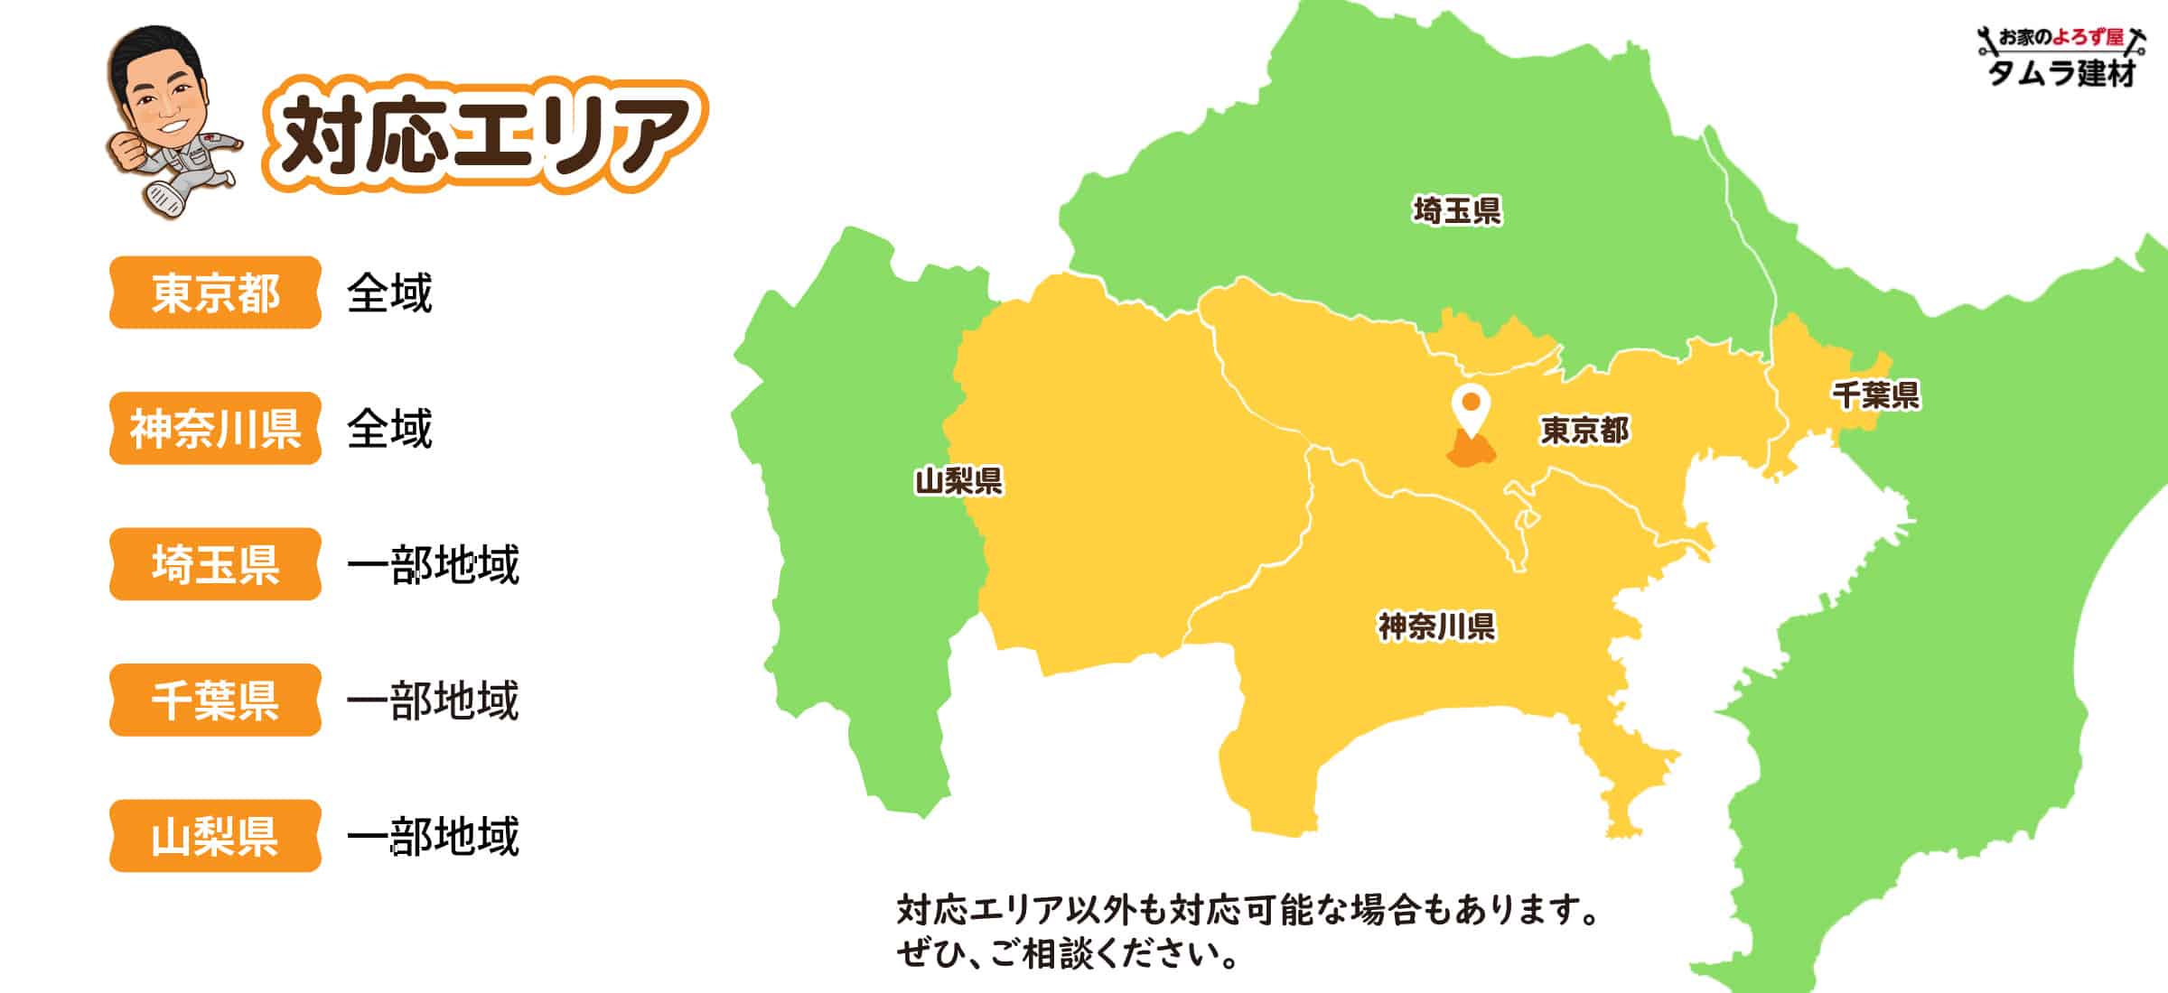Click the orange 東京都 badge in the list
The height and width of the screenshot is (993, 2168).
pos(215,292)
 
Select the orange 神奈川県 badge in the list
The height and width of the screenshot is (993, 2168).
pos(215,428)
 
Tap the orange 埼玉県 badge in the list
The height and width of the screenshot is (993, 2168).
pos(215,564)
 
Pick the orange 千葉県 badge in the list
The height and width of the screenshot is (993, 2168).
pos(215,700)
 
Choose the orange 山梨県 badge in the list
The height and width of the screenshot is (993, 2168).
pos(215,836)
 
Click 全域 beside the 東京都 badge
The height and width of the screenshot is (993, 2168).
pos(389,293)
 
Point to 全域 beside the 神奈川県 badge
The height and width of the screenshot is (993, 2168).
pos(389,429)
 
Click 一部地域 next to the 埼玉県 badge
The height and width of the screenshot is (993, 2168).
pos(433,565)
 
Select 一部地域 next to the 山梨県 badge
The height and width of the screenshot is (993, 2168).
pos(433,837)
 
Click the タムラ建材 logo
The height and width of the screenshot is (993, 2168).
pos(2061,57)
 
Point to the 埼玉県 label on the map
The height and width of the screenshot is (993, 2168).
pos(1456,211)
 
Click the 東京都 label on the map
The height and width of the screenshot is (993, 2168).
pos(1584,430)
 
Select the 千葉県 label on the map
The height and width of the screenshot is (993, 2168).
pos(1875,394)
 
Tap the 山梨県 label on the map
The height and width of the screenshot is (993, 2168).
pos(958,480)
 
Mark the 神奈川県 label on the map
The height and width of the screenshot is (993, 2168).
pos(1435,626)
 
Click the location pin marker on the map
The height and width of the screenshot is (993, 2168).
pos(1471,409)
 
